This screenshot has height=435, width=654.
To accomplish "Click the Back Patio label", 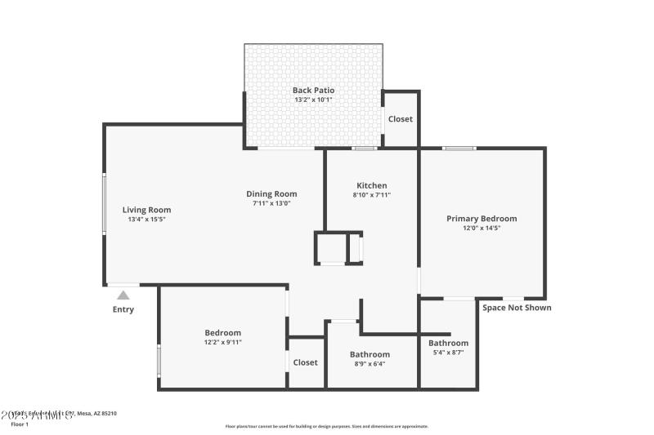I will coord(313,90).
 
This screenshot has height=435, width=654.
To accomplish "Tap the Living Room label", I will coord(147,210).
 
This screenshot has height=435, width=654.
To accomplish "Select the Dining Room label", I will coord(271,193).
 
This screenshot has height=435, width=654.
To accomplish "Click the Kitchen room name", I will coord(371,185).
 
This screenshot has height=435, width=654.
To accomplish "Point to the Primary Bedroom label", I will coord(482,218).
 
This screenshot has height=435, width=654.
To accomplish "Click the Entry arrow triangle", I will coord(123,295).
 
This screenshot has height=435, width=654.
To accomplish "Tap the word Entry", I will coord(123,309).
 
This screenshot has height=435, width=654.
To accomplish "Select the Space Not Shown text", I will coord(516,308).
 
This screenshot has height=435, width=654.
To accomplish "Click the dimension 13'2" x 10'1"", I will coord(313,100).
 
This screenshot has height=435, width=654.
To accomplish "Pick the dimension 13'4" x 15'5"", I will coord(147,220).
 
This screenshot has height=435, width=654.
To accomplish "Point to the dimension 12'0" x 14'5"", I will coord(482,229).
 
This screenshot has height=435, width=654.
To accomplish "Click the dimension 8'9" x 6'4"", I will coord(370,364).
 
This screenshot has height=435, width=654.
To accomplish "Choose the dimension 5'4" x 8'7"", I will coord(448,353).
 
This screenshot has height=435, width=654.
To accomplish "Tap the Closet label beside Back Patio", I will coord(401,119).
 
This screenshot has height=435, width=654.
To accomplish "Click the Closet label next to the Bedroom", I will coord(305,362).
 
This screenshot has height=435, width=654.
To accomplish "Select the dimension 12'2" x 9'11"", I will coord(222,342).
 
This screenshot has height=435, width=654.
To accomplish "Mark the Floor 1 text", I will coord(20,424).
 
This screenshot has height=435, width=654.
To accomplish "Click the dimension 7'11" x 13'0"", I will coord(271,203).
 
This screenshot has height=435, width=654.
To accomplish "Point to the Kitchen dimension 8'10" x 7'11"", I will coord(371,195).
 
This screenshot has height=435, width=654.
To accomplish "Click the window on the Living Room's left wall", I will coord(104,204).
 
